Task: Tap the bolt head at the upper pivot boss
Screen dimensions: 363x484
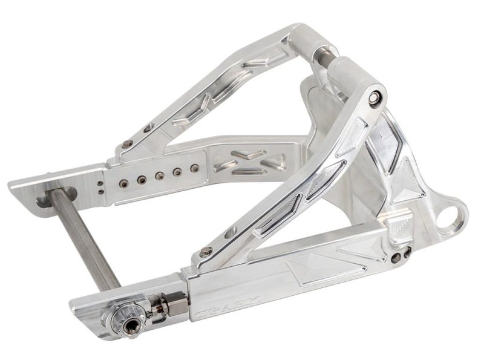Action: pyautogui.click(x=376, y=97)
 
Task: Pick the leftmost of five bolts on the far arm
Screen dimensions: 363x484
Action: pyautogui.click(x=123, y=181)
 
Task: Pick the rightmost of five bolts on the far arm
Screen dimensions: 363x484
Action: pyautogui.click(x=194, y=168)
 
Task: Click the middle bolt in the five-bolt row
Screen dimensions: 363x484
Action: pyautogui.click(x=160, y=175)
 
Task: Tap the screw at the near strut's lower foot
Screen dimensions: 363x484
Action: pyautogui.click(x=207, y=252)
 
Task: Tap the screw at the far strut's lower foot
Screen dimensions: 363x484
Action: pyautogui.click(x=126, y=144)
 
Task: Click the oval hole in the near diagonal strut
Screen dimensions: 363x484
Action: pyautogui.click(x=231, y=232)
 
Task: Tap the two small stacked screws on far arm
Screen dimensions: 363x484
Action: pyautogui.click(x=100, y=186)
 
